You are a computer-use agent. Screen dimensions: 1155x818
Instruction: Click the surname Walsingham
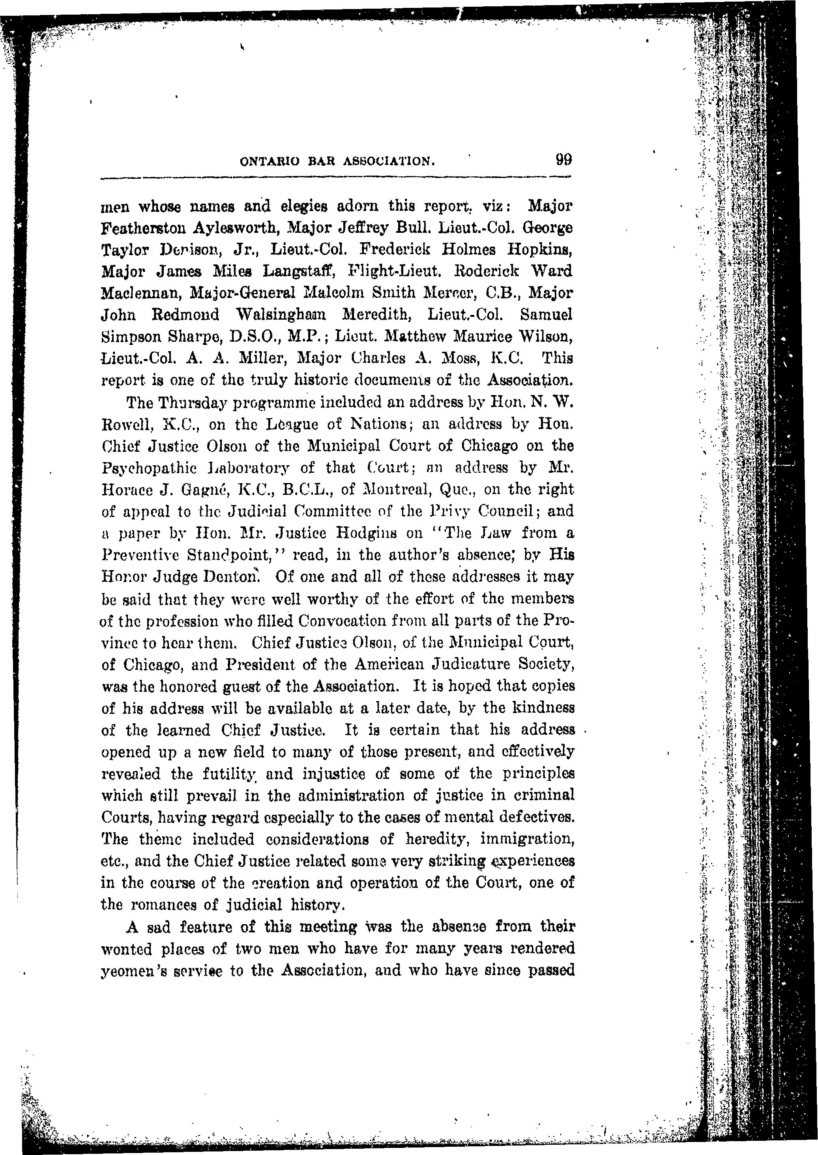click(x=281, y=315)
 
